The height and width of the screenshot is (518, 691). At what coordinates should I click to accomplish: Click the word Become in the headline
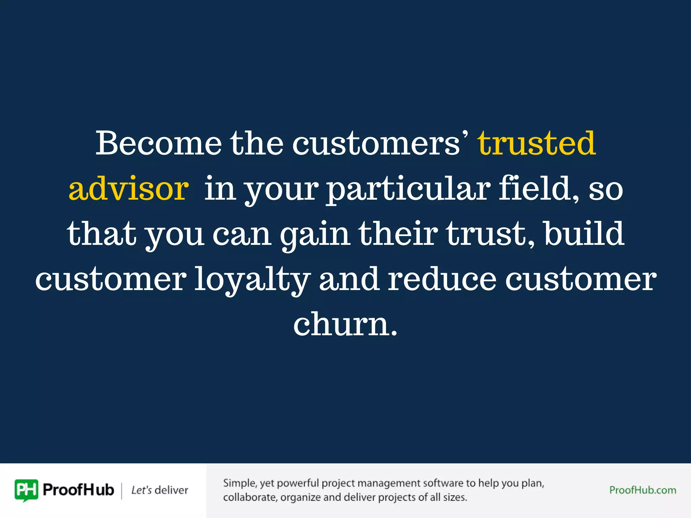pyautogui.click(x=159, y=143)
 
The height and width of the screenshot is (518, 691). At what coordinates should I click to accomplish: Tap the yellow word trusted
pyautogui.click(x=537, y=143)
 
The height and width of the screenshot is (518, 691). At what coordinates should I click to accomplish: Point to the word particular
pyautogui.click(x=408, y=189)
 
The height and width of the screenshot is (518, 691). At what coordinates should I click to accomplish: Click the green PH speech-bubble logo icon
pyautogui.click(x=26, y=490)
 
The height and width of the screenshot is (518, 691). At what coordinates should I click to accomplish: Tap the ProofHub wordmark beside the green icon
pyautogui.click(x=79, y=490)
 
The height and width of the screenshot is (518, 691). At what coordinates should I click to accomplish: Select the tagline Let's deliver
pyautogui.click(x=160, y=490)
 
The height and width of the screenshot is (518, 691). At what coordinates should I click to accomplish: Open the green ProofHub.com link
pyautogui.click(x=643, y=490)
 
